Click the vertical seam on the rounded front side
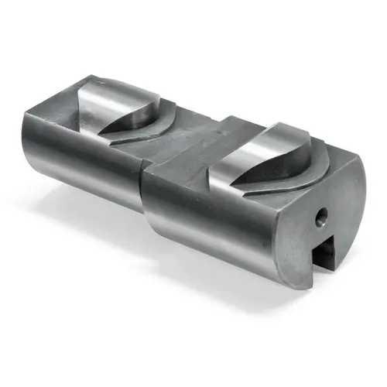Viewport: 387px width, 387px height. tap(144, 209)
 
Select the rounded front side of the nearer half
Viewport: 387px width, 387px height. tap(209, 224)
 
